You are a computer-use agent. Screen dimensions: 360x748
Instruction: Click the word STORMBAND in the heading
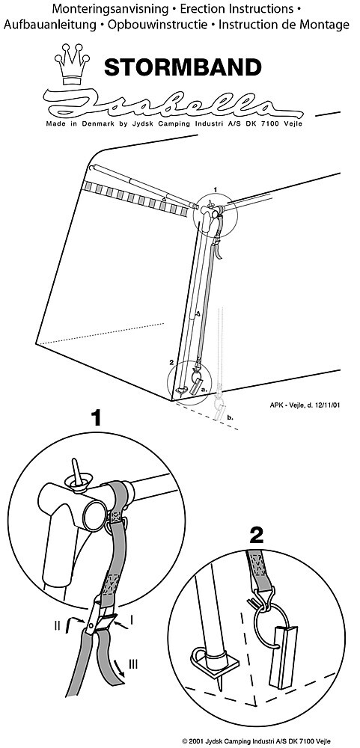coord(183,67)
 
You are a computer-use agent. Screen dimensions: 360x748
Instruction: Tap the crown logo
coord(72,65)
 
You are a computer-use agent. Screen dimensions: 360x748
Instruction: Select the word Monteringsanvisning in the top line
coord(110,8)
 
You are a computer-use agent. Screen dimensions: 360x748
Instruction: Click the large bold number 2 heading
coord(257,538)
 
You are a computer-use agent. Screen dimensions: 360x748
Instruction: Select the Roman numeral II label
coord(58,625)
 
